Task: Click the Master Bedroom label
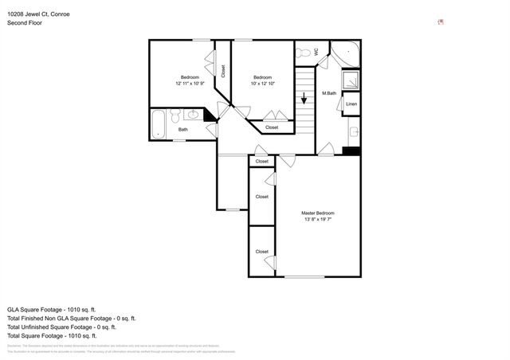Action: tap(317, 213)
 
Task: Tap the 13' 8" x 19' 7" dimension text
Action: tap(317, 221)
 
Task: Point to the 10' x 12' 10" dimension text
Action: tap(262, 84)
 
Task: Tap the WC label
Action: tap(316, 52)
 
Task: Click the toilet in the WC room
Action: tap(304, 53)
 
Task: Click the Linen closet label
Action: tap(351, 104)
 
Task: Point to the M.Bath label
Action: tap(328, 94)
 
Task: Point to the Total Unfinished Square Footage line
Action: tap(61, 327)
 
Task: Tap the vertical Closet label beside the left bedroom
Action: tap(223, 70)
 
